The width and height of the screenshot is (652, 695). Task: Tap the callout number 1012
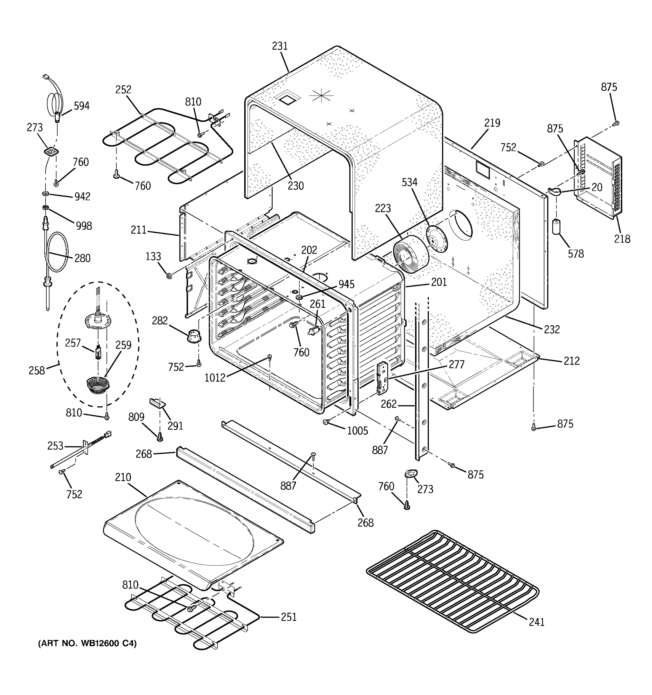(215, 378)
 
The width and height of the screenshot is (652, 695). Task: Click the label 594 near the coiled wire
(81, 106)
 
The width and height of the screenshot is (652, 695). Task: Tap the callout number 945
(346, 284)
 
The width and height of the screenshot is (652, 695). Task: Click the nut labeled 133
(169, 276)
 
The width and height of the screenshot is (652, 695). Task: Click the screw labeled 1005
(326, 422)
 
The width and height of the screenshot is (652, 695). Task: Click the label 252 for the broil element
(123, 89)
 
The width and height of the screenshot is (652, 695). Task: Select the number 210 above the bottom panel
(123, 477)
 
